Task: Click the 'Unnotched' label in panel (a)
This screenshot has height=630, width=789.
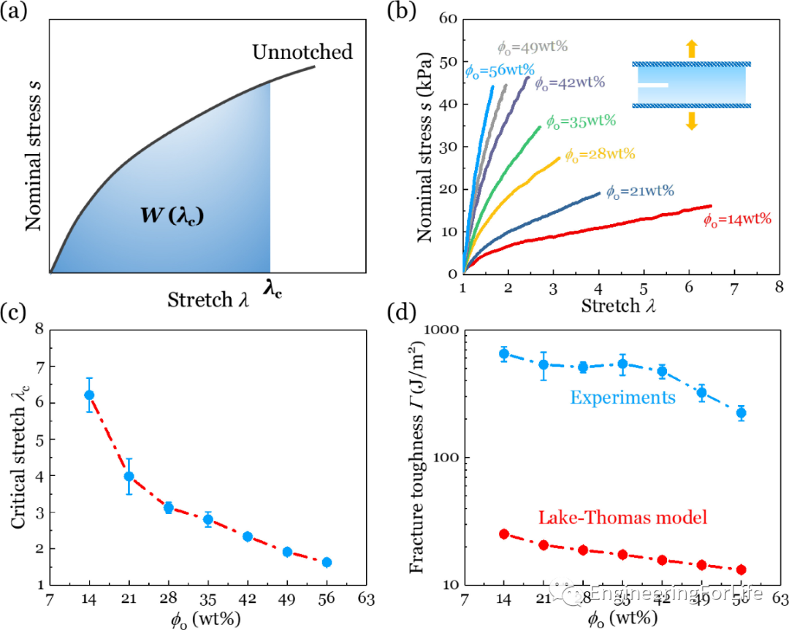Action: pyautogui.click(x=302, y=53)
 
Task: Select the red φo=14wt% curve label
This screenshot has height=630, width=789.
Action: pyautogui.click(x=738, y=221)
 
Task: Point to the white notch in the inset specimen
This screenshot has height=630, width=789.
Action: pyautogui.click(x=652, y=85)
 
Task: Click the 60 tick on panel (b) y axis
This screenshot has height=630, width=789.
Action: pyautogui.click(x=448, y=20)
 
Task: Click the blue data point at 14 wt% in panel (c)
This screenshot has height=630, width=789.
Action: pyautogui.click(x=89, y=395)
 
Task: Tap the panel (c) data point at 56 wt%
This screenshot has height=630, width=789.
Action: pyautogui.click(x=327, y=562)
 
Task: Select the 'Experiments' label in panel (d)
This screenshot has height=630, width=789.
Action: pyautogui.click(x=622, y=398)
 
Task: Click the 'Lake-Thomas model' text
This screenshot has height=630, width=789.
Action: pyautogui.click(x=624, y=518)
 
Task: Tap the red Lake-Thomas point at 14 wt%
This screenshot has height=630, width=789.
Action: pyautogui.click(x=503, y=534)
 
